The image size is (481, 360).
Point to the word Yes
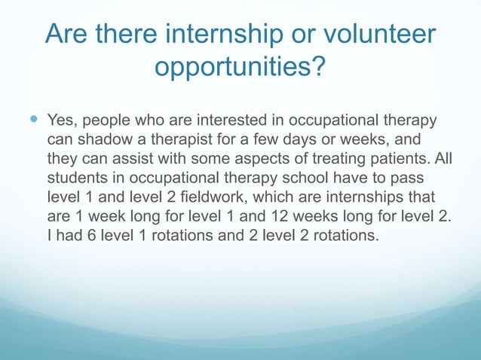coord(62,121)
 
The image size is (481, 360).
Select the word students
coord(77,178)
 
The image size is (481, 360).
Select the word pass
coord(410,178)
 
